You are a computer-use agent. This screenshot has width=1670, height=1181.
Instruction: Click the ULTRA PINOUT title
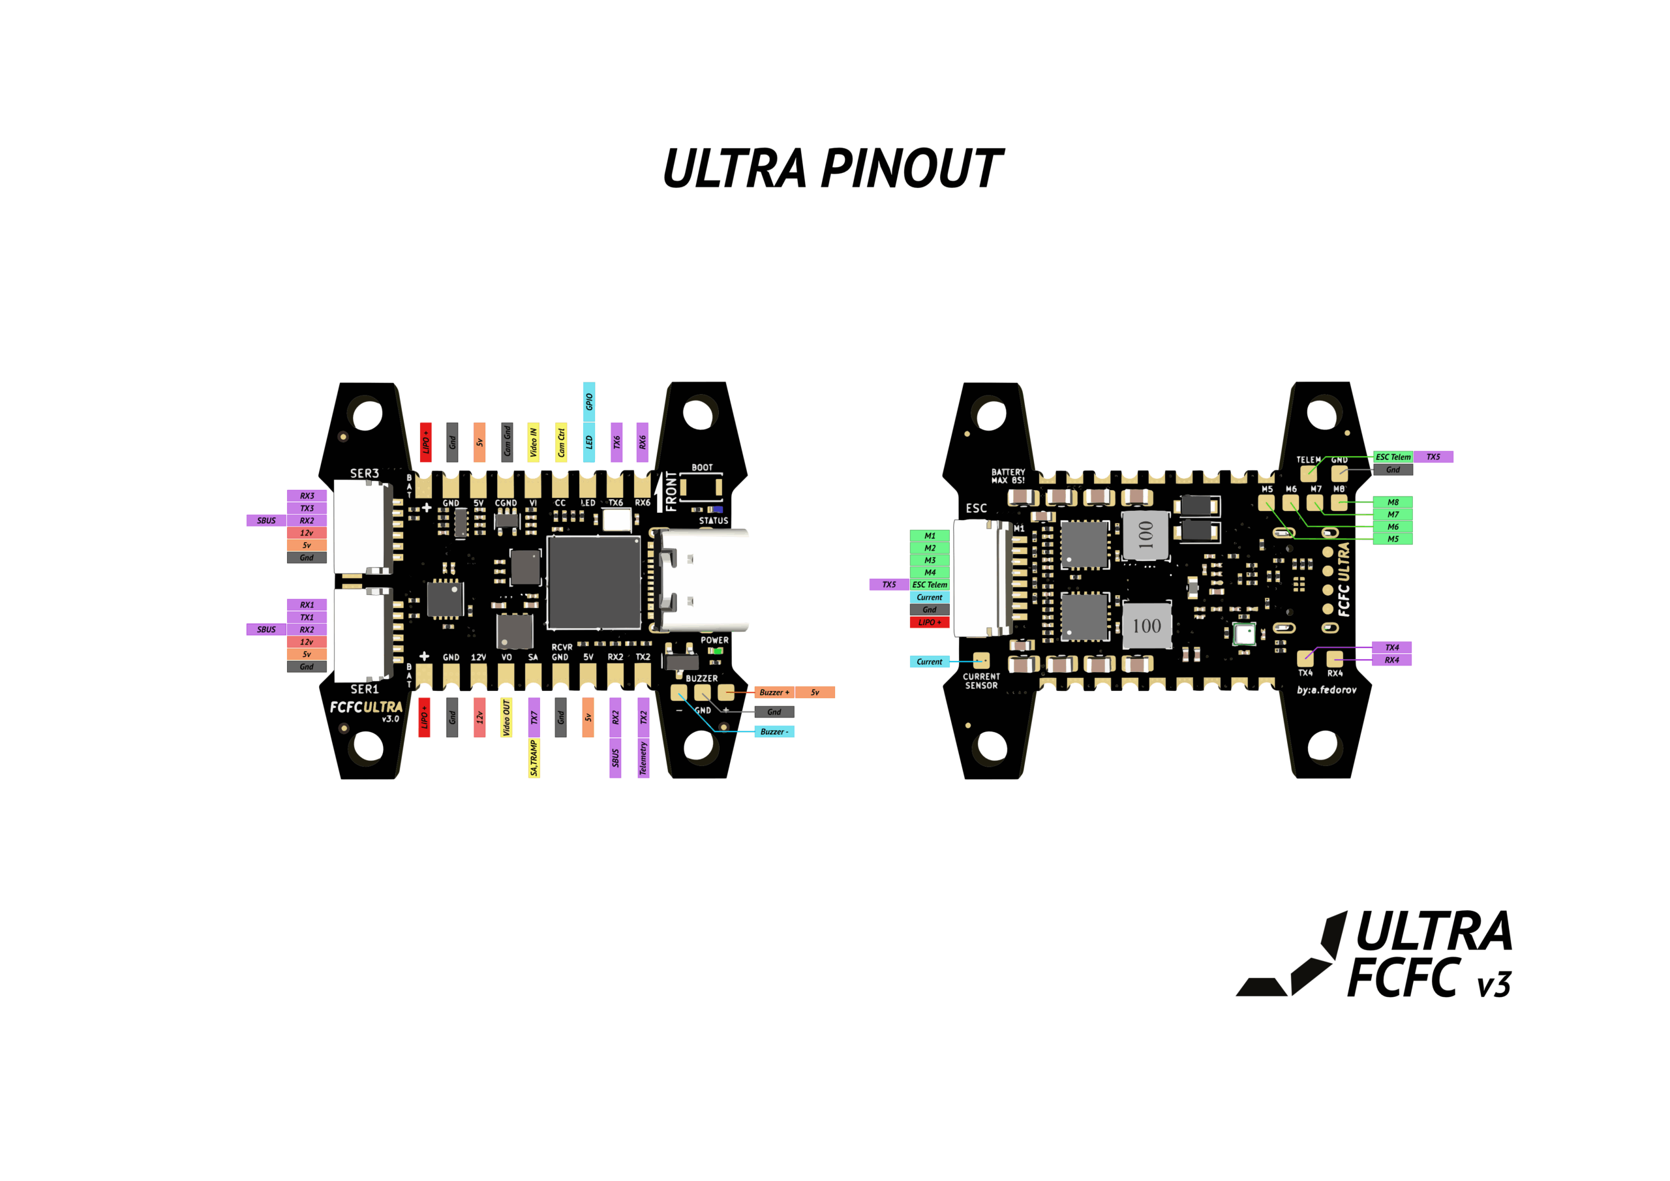pyautogui.click(x=833, y=169)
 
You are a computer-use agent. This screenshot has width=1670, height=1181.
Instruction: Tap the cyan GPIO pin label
pyautogui.click(x=589, y=402)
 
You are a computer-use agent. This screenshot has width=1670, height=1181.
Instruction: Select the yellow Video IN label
pyautogui.click(x=533, y=442)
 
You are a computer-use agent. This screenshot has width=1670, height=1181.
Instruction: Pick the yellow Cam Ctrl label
pyautogui.click(x=561, y=442)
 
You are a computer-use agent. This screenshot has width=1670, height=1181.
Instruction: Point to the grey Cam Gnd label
pyautogui.click(x=507, y=442)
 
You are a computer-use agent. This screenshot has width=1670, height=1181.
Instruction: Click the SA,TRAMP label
pyautogui.click(x=534, y=758)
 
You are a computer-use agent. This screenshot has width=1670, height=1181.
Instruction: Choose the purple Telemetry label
pyautogui.click(x=643, y=758)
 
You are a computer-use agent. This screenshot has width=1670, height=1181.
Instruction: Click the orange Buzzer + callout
pyautogui.click(x=774, y=692)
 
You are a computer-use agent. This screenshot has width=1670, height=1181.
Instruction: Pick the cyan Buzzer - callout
pyautogui.click(x=774, y=731)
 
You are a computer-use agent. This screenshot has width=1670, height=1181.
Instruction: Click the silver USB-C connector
pyautogui.click(x=702, y=580)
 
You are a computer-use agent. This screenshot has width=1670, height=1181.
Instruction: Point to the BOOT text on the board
pyautogui.click(x=702, y=468)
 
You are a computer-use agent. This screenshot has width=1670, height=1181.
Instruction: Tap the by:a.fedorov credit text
pyautogui.click(x=1326, y=690)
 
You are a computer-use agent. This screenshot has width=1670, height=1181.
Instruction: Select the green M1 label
pyautogui.click(x=930, y=536)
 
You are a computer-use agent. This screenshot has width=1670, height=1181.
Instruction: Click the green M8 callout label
pyautogui.click(x=1392, y=502)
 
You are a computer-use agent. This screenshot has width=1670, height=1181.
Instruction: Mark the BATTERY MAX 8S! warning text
pyautogui.click(x=1008, y=476)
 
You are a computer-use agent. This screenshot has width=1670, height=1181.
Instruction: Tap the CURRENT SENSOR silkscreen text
pyautogui.click(x=981, y=681)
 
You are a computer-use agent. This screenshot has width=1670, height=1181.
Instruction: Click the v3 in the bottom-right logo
pyautogui.click(x=1494, y=985)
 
